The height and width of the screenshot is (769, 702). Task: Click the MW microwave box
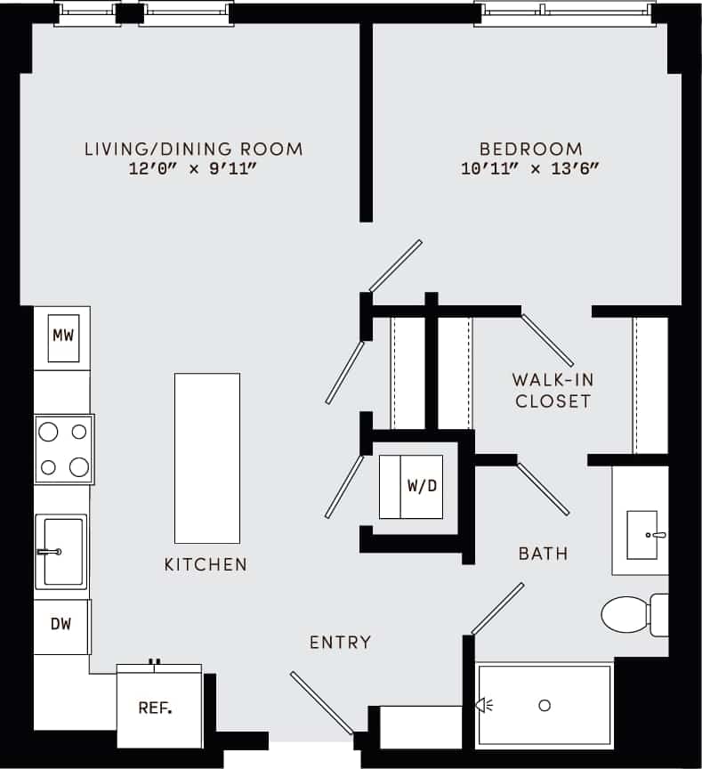click(x=61, y=337)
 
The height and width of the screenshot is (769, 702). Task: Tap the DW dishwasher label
click(x=61, y=623)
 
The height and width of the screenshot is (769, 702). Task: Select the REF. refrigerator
click(x=155, y=708)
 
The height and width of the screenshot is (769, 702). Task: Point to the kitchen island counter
click(x=206, y=457)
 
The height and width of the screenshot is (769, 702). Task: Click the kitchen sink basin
click(x=62, y=552)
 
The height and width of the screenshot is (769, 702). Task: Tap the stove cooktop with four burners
click(x=64, y=449)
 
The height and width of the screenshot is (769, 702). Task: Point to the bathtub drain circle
click(x=545, y=706)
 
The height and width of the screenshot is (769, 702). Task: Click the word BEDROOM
click(x=530, y=150)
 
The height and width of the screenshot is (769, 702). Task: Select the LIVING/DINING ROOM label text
click(x=193, y=149)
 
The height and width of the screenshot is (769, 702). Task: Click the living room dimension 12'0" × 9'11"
click(x=193, y=168)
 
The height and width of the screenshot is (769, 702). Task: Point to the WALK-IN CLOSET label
click(x=553, y=391)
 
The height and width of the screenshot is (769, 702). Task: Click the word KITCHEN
click(x=206, y=564)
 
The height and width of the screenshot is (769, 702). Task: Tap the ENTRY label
click(x=340, y=642)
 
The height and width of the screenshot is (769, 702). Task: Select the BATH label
click(x=543, y=554)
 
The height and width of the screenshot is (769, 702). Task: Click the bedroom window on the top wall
click(x=564, y=14)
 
